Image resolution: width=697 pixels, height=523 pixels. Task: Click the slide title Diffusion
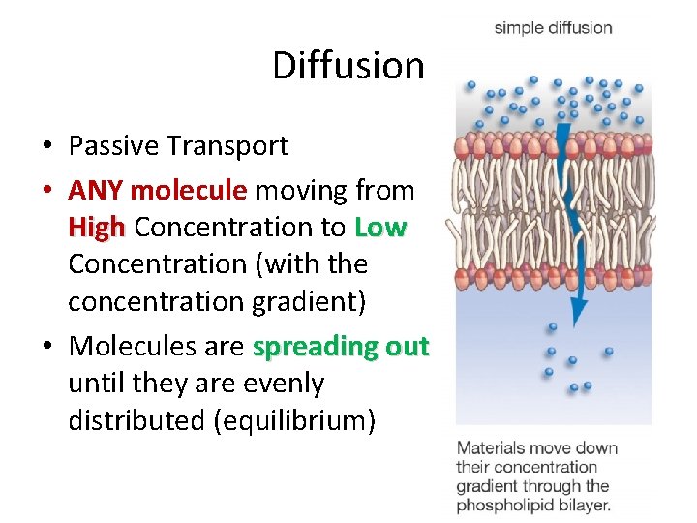pyautogui.click(x=348, y=66)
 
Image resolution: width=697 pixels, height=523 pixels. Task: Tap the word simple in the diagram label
pyautogui.click(x=520, y=28)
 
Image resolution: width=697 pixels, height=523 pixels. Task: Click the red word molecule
pyautogui.click(x=188, y=191)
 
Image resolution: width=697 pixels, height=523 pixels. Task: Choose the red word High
pyautogui.click(x=97, y=228)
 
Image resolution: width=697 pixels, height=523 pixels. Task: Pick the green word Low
pyautogui.click(x=380, y=228)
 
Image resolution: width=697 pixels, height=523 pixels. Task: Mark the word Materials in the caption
pyautogui.click(x=491, y=448)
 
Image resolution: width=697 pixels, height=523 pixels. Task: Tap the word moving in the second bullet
pyautogui.click(x=299, y=191)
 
